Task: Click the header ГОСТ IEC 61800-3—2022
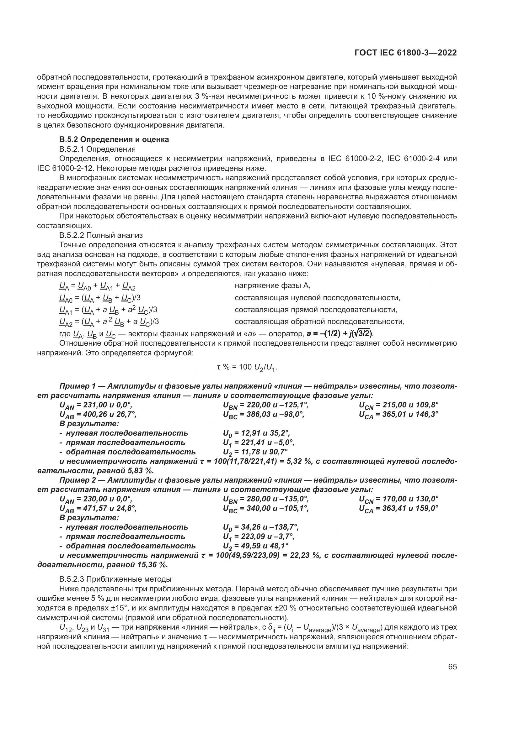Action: pos(405,53)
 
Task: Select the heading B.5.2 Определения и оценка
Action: pos(114,139)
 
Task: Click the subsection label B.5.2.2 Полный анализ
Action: pos(101,235)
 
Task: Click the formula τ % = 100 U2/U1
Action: pos(247,368)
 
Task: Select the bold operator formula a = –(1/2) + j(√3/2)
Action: pos(340,334)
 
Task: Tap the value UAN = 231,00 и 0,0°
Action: pos(96,405)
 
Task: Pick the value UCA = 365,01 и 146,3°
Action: pos(399,415)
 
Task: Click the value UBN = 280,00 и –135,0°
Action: pos(265,499)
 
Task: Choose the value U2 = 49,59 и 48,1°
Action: pos(255,546)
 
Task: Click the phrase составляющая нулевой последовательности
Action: pos(317,298)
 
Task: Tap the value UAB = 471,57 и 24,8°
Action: pos(98,509)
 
